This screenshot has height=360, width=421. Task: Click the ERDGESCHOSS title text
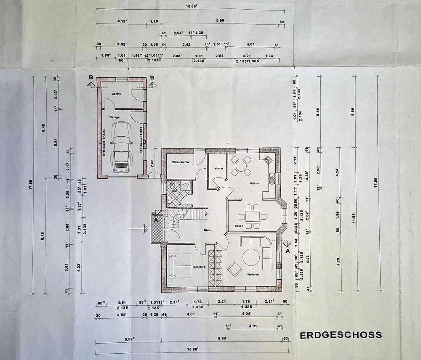[341, 335]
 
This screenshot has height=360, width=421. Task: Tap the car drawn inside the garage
[121, 147]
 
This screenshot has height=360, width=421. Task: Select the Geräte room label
[116, 94]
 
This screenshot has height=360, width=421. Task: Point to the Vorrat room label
[218, 168]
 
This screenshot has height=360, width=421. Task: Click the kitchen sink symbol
[272, 178]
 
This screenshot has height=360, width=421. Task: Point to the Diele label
[207, 230]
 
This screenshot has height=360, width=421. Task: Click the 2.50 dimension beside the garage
[153, 162]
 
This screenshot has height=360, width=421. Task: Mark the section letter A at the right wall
[288, 251]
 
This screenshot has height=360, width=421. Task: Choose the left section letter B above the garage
[91, 77]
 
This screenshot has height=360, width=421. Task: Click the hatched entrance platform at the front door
[156, 230]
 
